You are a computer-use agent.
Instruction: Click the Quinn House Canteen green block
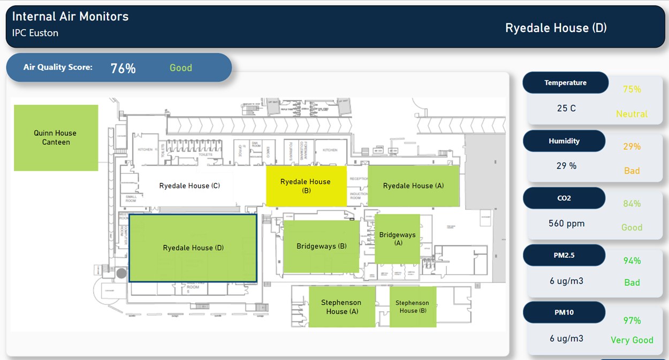[56, 137]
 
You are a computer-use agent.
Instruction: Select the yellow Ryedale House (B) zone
[306, 186]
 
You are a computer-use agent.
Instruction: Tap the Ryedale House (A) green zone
[413, 186]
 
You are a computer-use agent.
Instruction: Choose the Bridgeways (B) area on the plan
[321, 246]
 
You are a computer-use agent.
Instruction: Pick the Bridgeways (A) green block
[397, 239]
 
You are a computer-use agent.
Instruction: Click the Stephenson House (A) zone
[342, 307]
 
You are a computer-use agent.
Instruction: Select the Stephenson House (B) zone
[412, 307]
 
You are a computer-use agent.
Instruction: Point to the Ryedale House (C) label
[189, 186]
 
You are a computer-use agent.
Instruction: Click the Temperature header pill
[565, 83]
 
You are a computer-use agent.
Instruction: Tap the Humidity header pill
[564, 141]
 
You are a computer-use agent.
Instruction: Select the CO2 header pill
[564, 198]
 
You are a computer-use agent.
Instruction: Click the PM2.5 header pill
[564, 255]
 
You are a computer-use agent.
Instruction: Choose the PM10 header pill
[564, 312]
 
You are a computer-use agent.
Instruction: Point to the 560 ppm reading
[566, 223]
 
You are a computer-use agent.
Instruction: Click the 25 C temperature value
[566, 108]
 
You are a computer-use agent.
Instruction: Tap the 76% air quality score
[123, 68]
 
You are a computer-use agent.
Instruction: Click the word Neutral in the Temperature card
[632, 114]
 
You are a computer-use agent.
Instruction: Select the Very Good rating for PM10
[632, 340]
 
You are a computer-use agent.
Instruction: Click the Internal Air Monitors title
[70, 17]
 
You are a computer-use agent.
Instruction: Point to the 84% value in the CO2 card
[632, 204]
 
